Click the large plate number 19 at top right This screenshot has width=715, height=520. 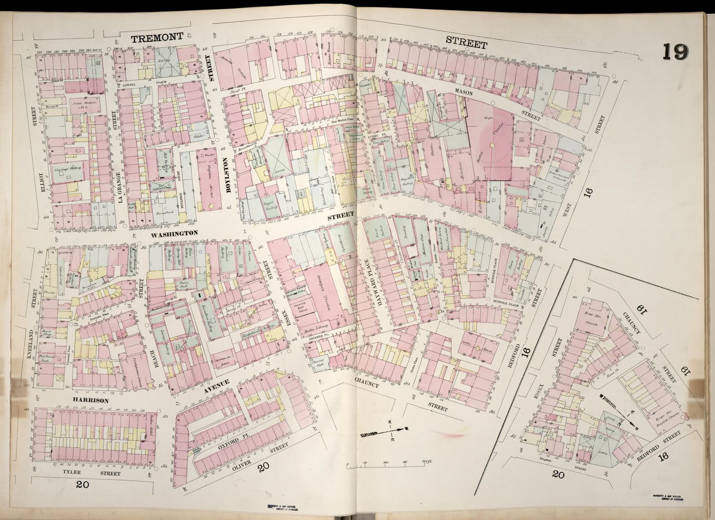[675, 51]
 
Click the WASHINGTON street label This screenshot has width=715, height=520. [174, 233]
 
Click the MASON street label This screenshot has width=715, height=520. [463, 93]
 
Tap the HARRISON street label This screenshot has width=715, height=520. [91, 400]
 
